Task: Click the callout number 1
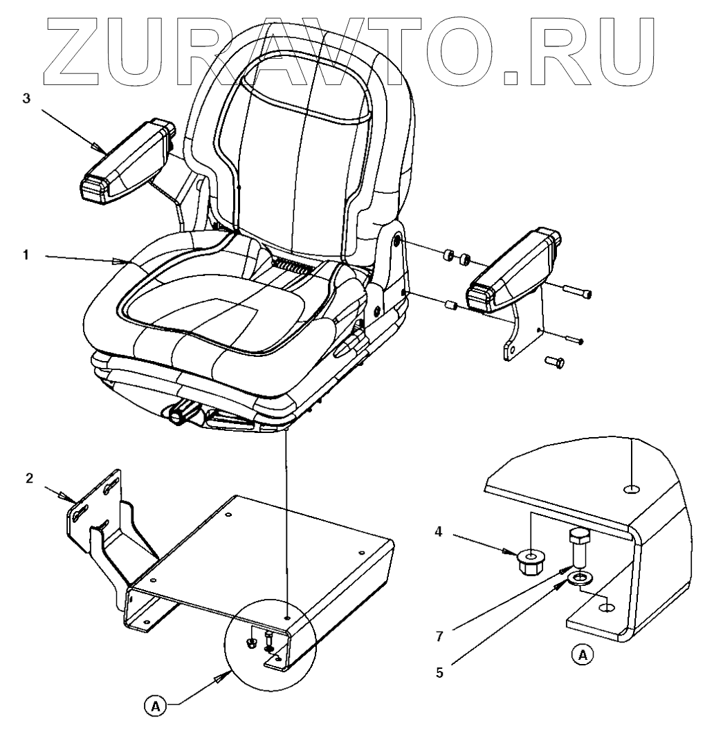pyautogui.click(x=25, y=255)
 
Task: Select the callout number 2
pyautogui.click(x=28, y=479)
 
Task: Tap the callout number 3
pyautogui.click(x=26, y=98)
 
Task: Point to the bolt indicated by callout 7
pyautogui.click(x=579, y=549)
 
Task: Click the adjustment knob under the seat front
pyautogui.click(x=184, y=416)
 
